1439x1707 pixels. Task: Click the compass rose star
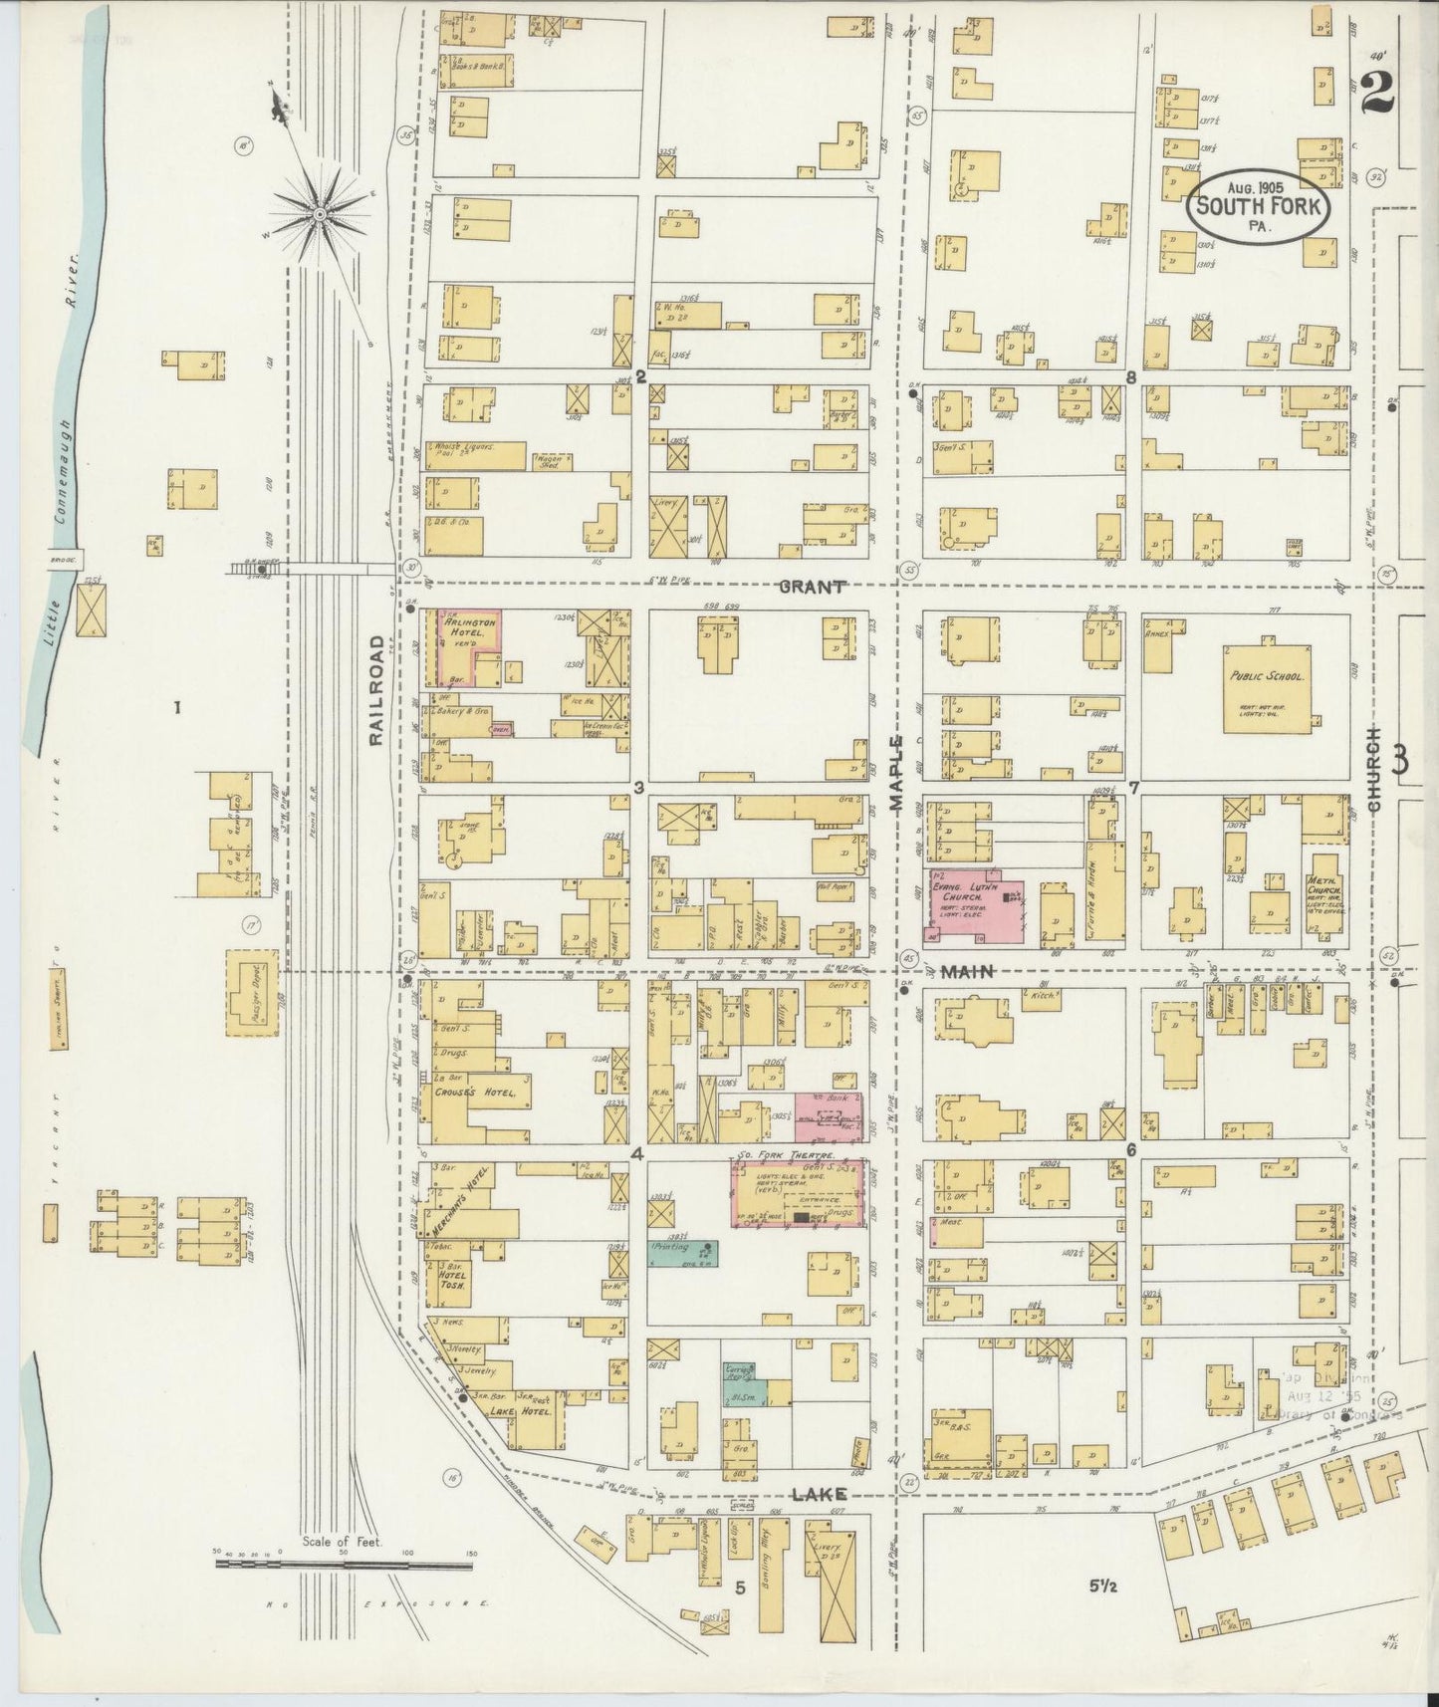click(320, 214)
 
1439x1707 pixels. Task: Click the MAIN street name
click(966, 972)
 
